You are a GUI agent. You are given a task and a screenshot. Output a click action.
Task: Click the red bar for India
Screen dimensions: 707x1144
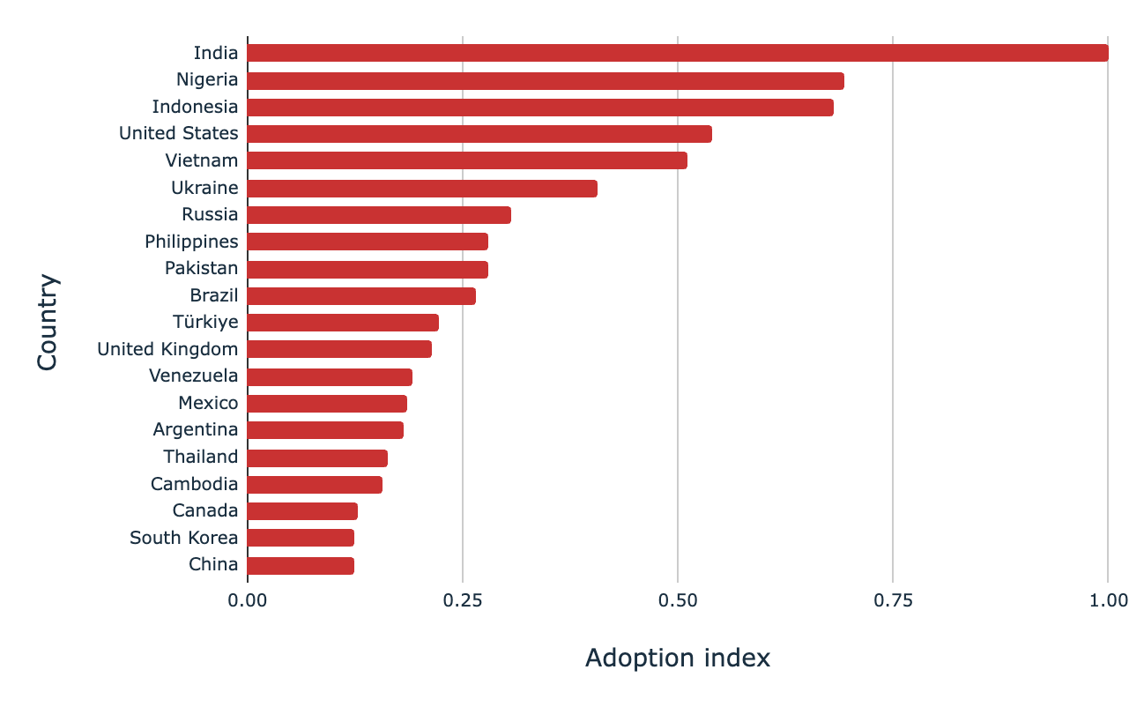(677, 53)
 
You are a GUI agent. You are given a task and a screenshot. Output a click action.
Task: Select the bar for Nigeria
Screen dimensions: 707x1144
(545, 80)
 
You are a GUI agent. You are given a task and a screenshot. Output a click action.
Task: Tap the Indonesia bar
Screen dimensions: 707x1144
(539, 108)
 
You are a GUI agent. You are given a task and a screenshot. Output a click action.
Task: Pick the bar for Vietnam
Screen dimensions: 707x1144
(466, 160)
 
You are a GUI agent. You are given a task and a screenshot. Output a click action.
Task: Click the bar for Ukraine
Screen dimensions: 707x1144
(421, 188)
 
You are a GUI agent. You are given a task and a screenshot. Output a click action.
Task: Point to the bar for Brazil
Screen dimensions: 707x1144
(360, 295)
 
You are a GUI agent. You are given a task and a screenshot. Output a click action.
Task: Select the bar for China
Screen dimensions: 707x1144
(300, 565)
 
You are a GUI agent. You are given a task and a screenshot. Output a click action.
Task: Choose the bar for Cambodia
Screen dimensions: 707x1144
(314, 484)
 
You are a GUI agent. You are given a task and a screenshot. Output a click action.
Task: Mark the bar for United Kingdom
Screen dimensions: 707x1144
(338, 349)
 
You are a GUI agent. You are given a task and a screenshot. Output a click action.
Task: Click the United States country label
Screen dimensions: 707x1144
(178, 134)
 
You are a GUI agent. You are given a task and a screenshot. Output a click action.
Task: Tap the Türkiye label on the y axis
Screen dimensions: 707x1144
(205, 323)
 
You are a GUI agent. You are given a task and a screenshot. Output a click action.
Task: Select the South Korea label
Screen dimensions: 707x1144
(183, 538)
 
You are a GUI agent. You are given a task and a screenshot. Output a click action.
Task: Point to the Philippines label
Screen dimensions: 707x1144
(191, 242)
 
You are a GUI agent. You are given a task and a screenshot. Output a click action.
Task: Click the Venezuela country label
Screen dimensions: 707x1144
(193, 376)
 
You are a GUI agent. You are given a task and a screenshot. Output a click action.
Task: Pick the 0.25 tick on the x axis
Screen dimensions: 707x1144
(462, 601)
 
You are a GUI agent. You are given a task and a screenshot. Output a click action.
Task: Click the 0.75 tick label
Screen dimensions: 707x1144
(892, 601)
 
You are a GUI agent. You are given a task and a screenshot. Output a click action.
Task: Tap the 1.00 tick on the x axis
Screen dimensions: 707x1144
(1107, 601)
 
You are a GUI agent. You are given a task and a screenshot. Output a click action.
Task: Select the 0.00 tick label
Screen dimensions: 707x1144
(247, 601)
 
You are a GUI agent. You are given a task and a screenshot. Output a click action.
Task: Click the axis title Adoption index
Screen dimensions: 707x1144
(677, 658)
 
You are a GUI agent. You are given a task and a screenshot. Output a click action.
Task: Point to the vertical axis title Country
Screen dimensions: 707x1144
(48, 323)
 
